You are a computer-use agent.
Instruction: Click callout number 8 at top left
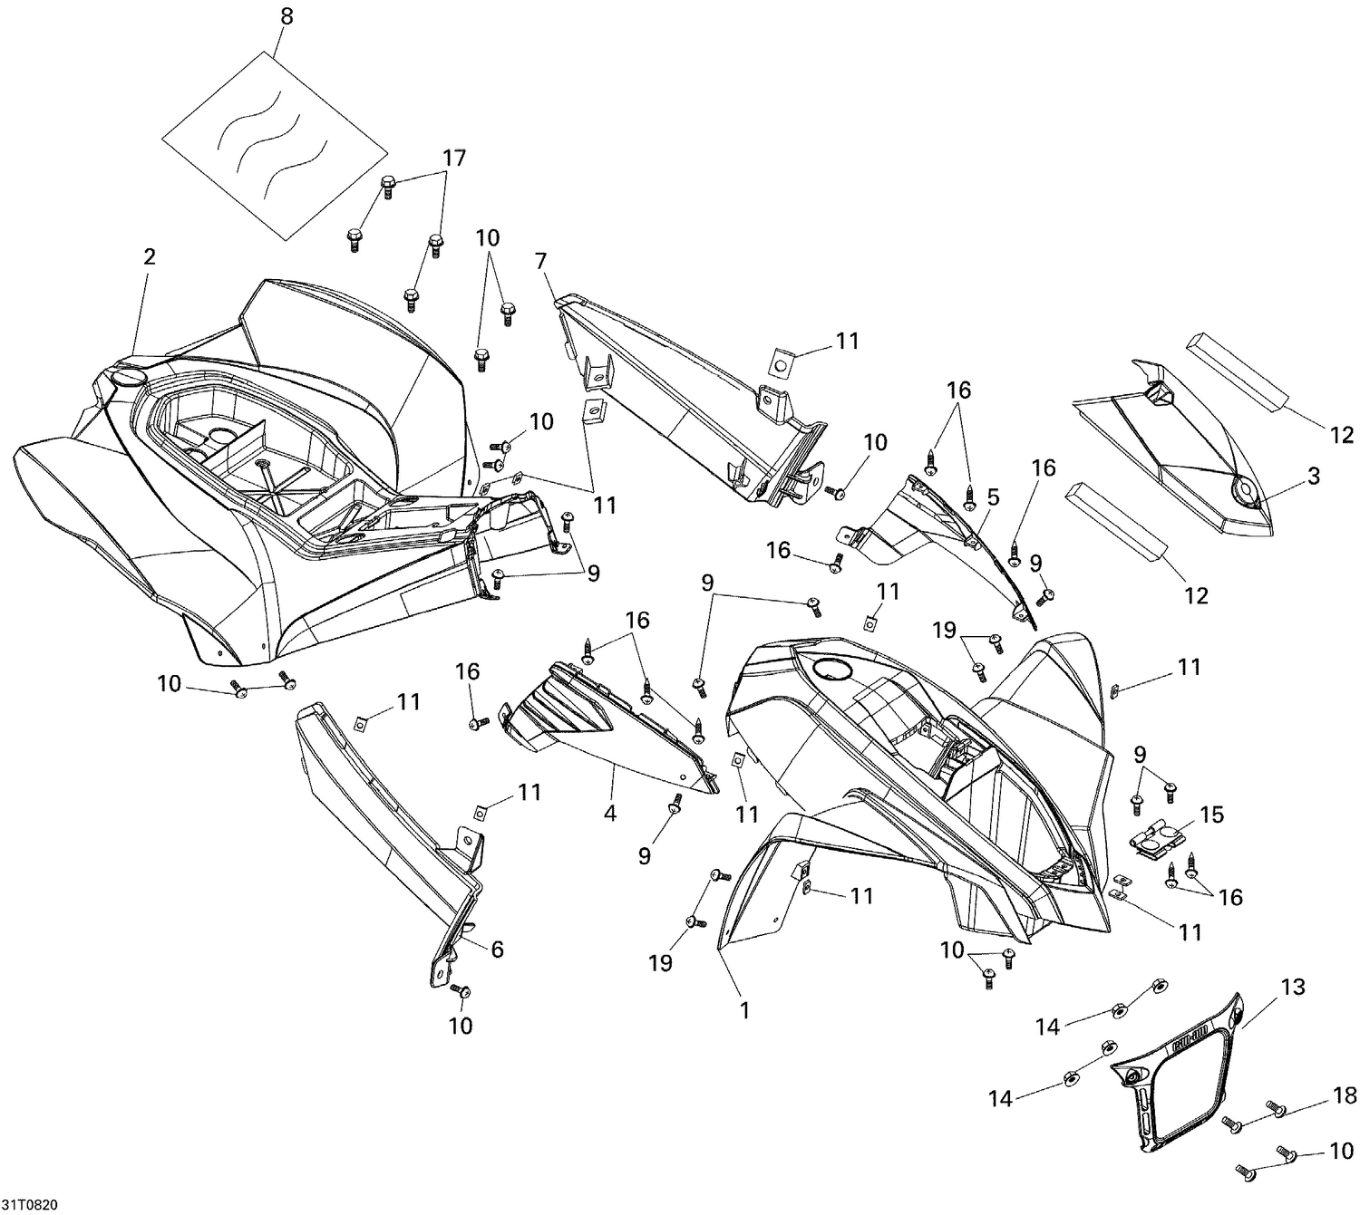(x=287, y=17)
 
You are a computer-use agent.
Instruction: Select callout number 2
(x=150, y=256)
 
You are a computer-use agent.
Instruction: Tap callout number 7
(x=541, y=262)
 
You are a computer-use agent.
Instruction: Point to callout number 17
(x=453, y=158)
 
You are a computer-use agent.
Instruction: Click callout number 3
(x=1313, y=476)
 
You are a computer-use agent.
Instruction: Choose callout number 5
(x=993, y=497)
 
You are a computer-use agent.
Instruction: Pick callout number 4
(x=610, y=814)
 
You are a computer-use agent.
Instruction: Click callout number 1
(x=744, y=1009)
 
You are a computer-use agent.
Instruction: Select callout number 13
(x=1293, y=987)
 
